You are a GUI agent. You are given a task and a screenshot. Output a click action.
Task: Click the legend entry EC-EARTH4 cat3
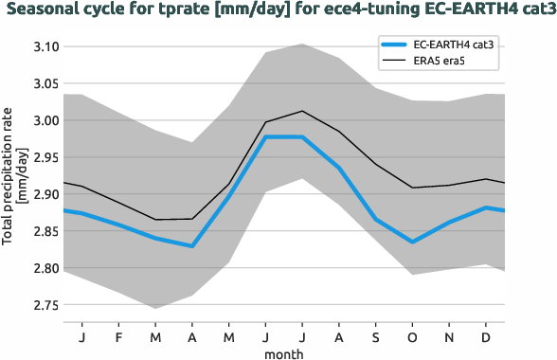[x=452, y=45]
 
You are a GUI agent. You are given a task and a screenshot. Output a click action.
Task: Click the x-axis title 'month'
[x=284, y=351]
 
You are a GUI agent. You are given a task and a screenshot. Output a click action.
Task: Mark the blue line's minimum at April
[x=192, y=246]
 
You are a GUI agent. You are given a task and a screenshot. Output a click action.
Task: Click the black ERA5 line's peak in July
[x=301, y=111]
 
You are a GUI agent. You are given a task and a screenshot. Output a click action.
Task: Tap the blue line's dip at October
[x=412, y=242]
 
